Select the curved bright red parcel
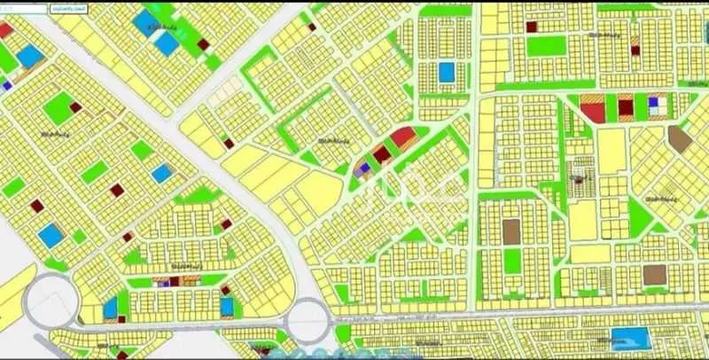click(x=401, y=137)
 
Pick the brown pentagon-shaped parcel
click(x=680, y=137)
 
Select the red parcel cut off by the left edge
click(x=4, y=29)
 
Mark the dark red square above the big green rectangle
click(x=532, y=27)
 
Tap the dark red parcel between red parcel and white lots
click(x=626, y=108)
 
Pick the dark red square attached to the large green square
click(x=75, y=107)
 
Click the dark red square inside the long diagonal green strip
click(x=203, y=43)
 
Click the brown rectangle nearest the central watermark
click(x=510, y=231)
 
